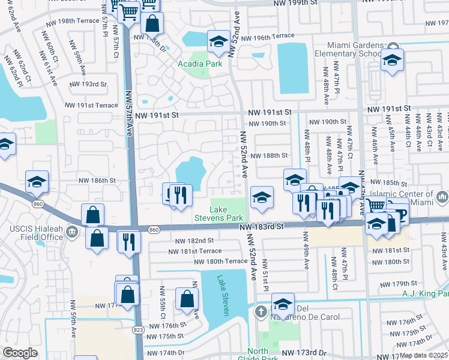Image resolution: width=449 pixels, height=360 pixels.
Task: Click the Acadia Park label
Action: coord(200,64)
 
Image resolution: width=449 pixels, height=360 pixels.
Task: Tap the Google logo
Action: coord(19,353)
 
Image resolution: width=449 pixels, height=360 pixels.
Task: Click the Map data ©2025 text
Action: coord(423,355)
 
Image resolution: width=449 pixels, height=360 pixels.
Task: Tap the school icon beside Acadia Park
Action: coord(218,42)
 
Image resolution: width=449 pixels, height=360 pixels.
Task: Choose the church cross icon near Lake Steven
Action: coord(260,311)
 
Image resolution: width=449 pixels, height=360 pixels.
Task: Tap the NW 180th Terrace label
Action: coord(220,262)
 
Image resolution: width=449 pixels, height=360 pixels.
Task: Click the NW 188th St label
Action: coord(270,155)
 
